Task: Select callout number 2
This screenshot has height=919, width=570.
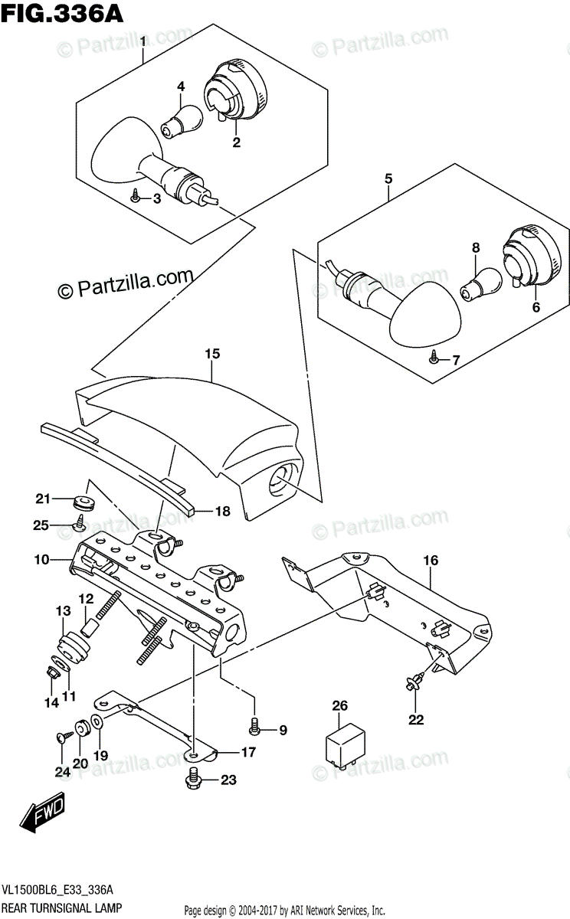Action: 237,142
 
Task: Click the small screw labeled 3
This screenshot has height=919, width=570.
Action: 136,195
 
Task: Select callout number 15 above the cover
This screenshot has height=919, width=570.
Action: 212,354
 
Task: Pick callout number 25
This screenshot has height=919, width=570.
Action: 40,525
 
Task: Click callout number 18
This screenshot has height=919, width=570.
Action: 222,512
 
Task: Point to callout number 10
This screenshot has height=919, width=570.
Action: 40,560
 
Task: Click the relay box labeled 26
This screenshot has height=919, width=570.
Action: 344,742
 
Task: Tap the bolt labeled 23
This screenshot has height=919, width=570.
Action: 192,781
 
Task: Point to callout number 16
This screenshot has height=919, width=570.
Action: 431,561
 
